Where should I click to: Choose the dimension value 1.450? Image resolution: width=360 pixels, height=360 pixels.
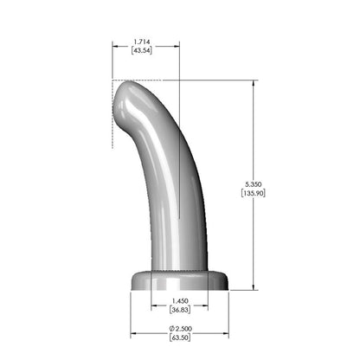[x=179, y=302]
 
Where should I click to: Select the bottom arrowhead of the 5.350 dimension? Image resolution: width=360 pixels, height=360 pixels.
[x=254, y=287]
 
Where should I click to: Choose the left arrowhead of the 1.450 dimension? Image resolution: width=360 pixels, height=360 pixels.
[x=153, y=307]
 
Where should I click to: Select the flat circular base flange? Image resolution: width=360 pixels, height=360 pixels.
[x=179, y=280]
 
